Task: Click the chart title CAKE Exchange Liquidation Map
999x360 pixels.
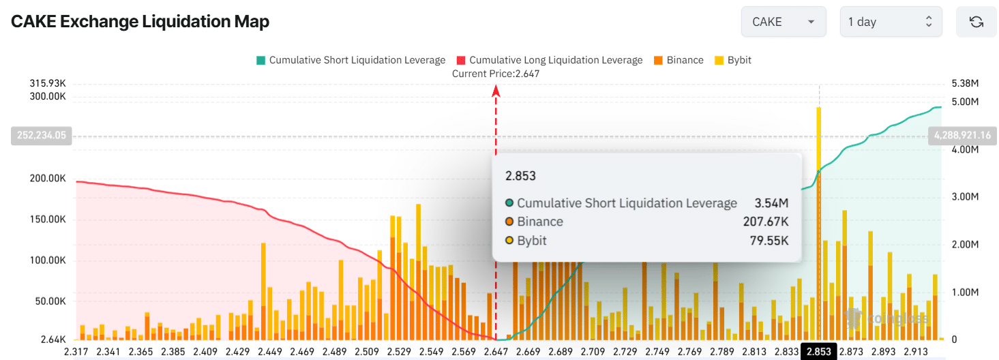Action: point(140,22)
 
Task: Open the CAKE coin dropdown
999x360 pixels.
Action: point(783,22)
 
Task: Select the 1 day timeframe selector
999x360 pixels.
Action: point(891,22)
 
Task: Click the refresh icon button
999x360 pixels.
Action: point(976,22)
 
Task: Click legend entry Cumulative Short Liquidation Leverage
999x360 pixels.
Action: point(351,60)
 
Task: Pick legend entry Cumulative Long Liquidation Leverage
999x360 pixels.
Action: point(550,60)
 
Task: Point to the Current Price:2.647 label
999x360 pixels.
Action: point(496,74)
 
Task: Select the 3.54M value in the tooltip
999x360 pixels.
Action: point(772,203)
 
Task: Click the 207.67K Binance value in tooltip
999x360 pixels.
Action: point(765,222)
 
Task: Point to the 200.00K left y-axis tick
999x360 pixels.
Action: point(47,179)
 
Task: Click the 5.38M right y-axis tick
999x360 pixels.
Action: point(964,83)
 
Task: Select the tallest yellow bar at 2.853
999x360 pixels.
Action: point(818,136)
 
